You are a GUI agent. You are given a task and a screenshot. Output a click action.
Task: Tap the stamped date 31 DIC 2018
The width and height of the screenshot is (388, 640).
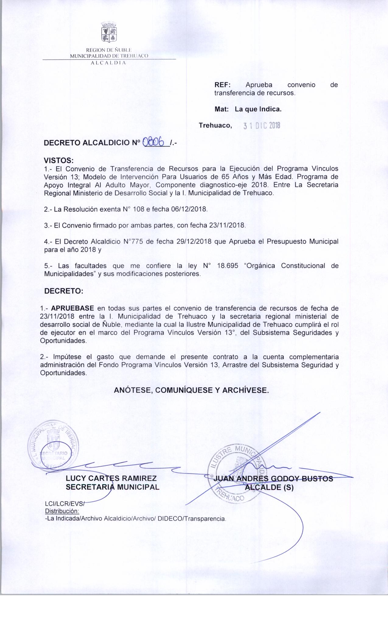(262, 126)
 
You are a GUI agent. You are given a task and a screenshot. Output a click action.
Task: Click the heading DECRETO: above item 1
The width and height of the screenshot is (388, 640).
(64, 291)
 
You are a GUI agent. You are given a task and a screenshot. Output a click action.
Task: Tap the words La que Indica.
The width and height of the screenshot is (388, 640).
(258, 109)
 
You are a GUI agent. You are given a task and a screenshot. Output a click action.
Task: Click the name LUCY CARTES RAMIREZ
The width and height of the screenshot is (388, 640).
(111, 478)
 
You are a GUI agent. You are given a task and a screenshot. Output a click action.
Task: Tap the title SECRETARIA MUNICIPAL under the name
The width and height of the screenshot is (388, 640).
(113, 487)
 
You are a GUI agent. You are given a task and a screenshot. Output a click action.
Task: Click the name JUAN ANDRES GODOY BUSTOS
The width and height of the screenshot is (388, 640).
(273, 479)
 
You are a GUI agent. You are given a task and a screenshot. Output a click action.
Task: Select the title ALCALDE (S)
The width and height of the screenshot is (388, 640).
(270, 487)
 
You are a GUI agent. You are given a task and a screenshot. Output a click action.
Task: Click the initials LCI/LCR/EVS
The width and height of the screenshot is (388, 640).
(65, 504)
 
